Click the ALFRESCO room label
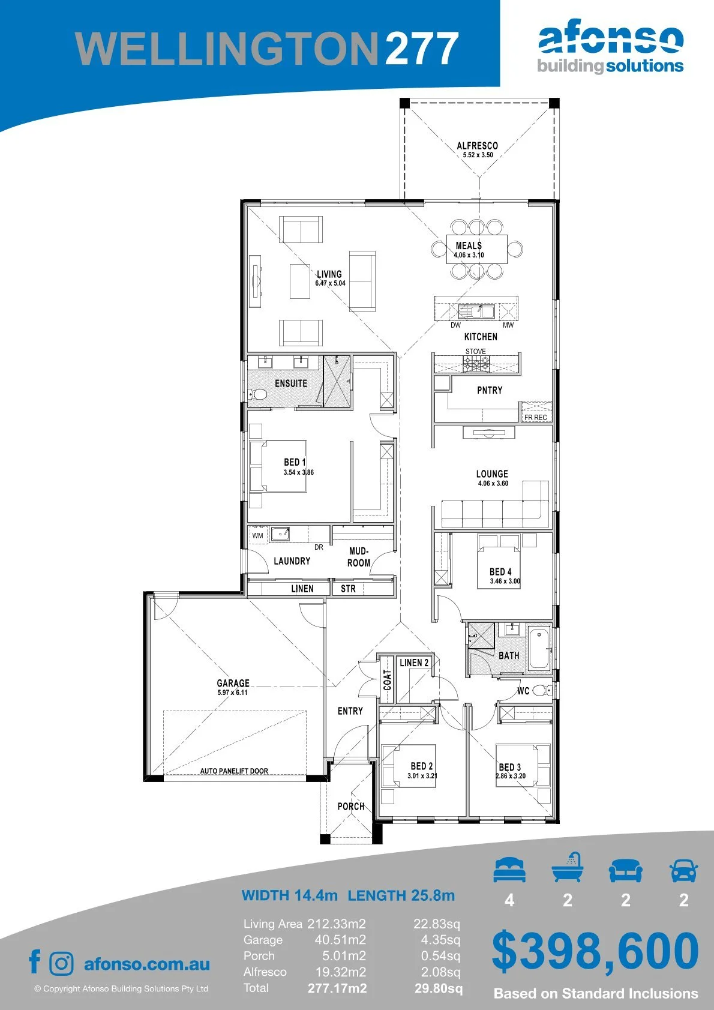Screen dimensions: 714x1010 [478, 146]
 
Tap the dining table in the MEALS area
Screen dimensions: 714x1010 [477, 249]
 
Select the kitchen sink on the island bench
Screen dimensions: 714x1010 [476, 311]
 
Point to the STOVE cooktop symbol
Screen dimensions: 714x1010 [476, 364]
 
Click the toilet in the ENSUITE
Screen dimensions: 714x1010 [258, 394]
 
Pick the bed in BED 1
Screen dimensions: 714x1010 [278, 466]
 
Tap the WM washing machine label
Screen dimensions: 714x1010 [257, 536]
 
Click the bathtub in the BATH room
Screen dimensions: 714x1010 [539, 648]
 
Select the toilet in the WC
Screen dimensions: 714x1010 [541, 690]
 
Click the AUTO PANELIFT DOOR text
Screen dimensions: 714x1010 [234, 771]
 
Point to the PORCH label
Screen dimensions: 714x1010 [350, 806]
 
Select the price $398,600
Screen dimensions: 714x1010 [595, 951]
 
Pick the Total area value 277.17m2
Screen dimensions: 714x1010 [337, 988]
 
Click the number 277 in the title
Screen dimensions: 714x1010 [422, 49]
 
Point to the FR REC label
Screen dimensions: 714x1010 [535, 418]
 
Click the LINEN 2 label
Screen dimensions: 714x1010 [414, 663]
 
